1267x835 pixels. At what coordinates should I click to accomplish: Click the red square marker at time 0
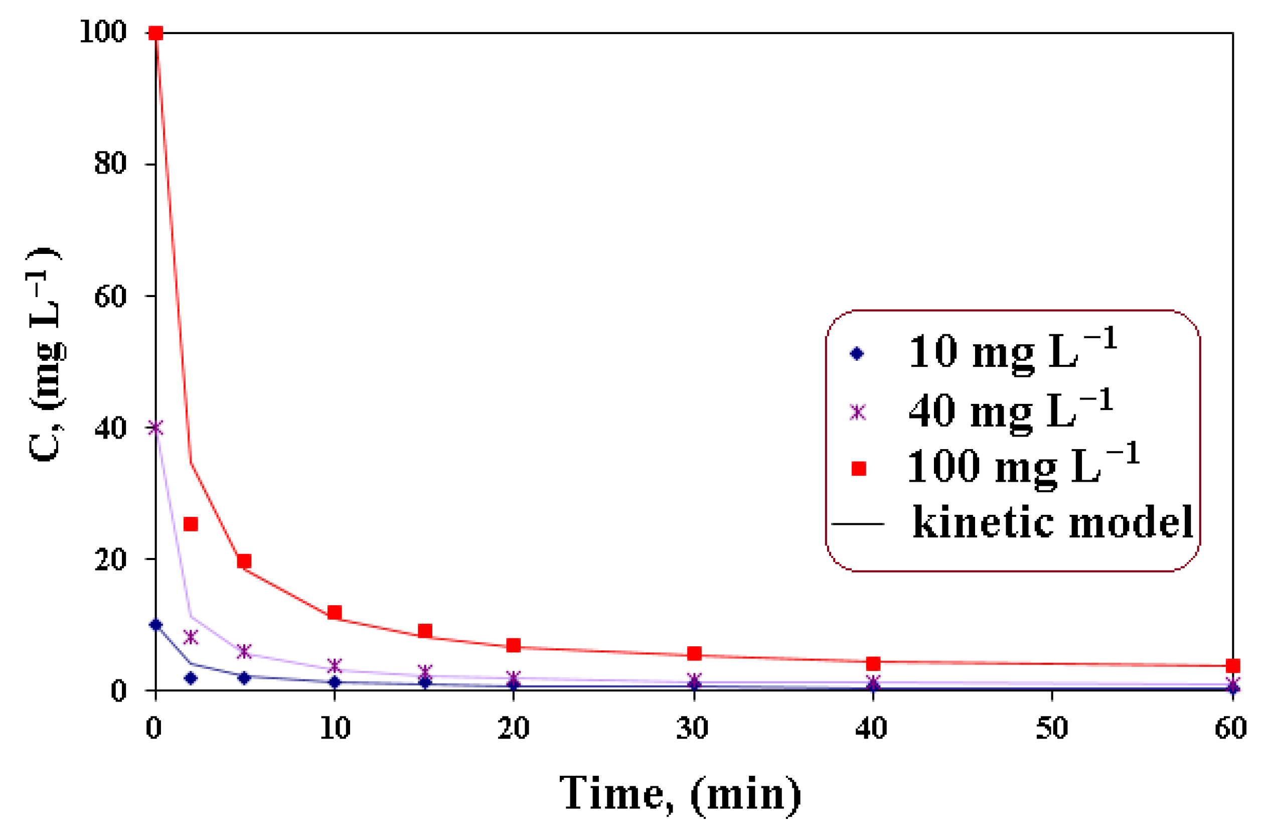pos(155,34)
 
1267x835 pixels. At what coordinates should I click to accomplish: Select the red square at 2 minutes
pos(191,524)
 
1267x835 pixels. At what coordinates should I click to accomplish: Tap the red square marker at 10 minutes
pos(335,612)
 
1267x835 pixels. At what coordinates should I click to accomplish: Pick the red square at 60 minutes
pos(1233,666)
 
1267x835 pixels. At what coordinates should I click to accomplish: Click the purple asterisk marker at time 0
pos(155,428)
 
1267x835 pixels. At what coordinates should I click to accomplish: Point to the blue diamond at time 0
pos(155,625)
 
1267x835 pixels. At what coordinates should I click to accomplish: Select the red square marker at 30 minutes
pos(694,653)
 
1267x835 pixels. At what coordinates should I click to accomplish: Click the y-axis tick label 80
pos(110,163)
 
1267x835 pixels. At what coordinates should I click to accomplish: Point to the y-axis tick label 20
pos(110,560)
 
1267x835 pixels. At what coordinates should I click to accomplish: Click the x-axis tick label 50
pos(1052,728)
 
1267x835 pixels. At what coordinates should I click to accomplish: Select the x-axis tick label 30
pos(693,728)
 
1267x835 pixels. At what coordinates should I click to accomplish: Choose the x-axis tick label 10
pos(335,728)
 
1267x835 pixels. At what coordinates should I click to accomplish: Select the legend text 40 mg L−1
pos(1010,410)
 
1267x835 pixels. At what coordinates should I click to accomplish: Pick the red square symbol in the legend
pos(858,469)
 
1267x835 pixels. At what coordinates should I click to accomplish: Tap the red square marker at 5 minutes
pos(244,562)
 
